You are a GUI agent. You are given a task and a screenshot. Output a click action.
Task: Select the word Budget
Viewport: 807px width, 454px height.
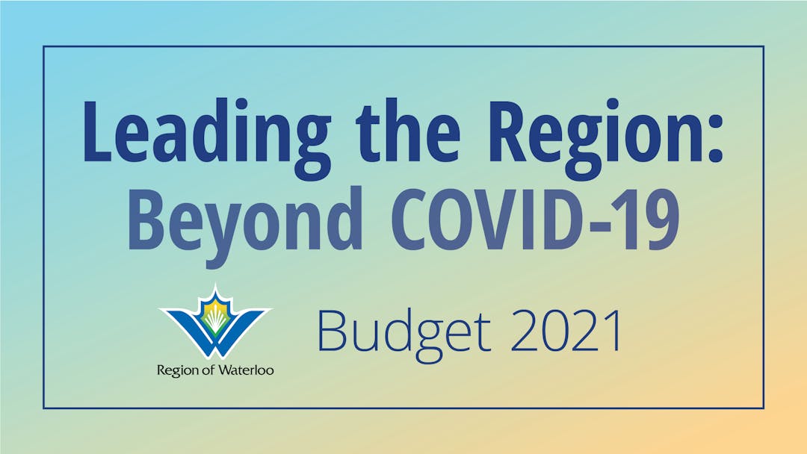coord(404,332)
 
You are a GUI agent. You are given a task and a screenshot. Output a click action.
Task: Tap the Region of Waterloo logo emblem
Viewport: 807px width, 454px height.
coord(215,321)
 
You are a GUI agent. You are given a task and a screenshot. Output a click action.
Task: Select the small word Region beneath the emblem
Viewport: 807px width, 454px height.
coord(178,371)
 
